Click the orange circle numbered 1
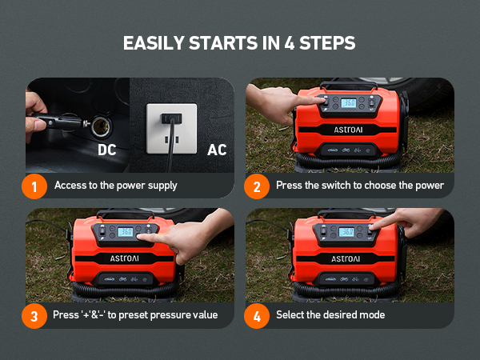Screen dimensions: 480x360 tap(34, 186)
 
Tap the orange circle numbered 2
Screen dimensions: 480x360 tap(257, 186)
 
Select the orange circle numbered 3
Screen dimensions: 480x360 tap(34, 316)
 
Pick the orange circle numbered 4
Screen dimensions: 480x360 tap(257, 316)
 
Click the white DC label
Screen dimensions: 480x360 tap(107, 150)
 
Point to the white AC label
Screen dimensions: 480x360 tap(217, 150)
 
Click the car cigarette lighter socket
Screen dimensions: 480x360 tap(102, 126)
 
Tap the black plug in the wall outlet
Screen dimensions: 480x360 tap(171, 118)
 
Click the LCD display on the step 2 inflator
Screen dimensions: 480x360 tap(349, 103)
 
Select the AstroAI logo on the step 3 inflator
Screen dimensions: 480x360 tap(124, 258)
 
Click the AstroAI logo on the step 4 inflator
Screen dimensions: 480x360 tap(346, 259)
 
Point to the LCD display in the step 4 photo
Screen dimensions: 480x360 tap(346, 232)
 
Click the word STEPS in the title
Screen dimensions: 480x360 tap(327, 43)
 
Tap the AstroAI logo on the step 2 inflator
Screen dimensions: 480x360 tap(348, 130)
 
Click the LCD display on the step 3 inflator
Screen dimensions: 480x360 tap(126, 232)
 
